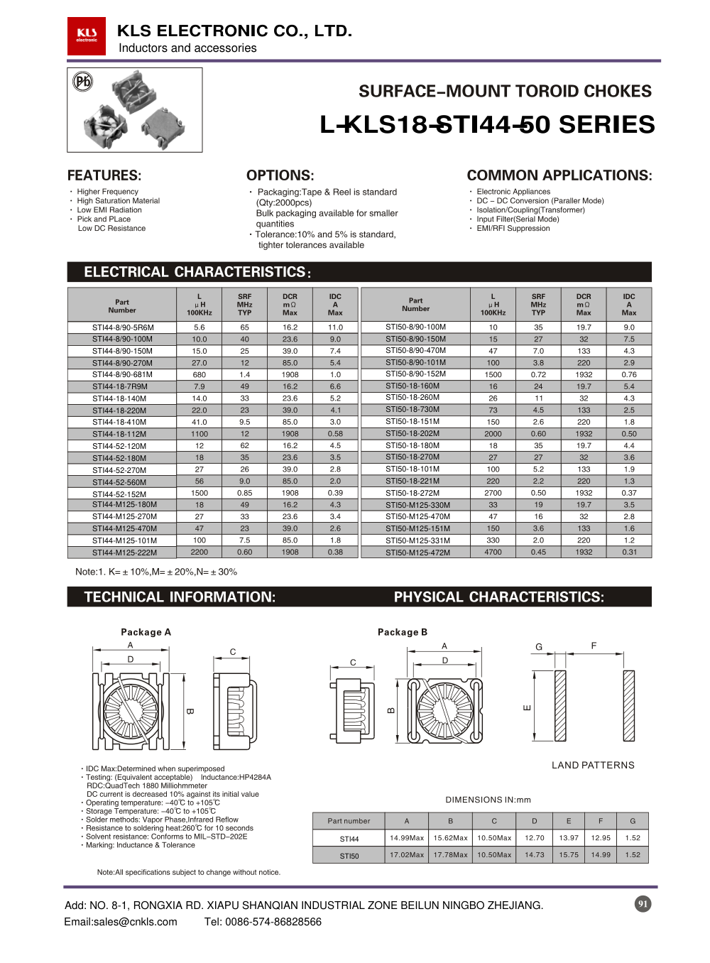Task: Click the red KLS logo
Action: [x=87, y=36]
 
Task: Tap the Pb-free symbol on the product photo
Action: [x=83, y=82]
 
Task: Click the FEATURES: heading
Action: [x=104, y=175]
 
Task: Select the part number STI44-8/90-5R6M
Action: [x=123, y=327]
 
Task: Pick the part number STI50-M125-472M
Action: [x=417, y=553]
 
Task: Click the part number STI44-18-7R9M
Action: [x=119, y=386]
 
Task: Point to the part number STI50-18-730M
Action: [x=413, y=410]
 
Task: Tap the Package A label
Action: [x=146, y=632]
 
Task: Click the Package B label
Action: [x=402, y=632]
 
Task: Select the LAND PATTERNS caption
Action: [x=593, y=765]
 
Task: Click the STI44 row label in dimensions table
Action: [x=349, y=839]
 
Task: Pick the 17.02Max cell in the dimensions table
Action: [x=407, y=855]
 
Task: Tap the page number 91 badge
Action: [x=643, y=904]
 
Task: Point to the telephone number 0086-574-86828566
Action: [x=273, y=922]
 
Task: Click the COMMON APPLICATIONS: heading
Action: [x=559, y=175]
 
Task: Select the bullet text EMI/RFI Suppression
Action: [x=513, y=229]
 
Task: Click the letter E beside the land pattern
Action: [x=527, y=707]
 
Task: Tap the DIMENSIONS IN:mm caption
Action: [x=488, y=800]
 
